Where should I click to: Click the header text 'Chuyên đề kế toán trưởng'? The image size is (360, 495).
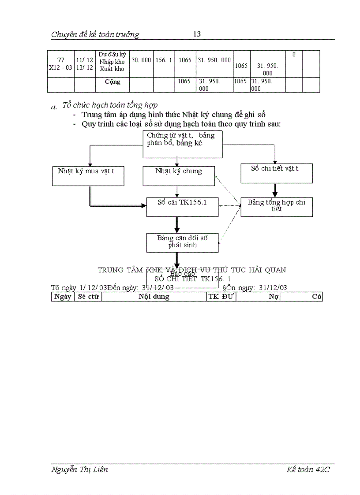click(x=95, y=34)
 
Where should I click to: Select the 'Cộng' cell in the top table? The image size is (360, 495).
click(x=112, y=82)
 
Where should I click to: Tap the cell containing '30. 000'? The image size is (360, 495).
click(x=141, y=60)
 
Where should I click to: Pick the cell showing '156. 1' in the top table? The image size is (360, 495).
click(x=164, y=60)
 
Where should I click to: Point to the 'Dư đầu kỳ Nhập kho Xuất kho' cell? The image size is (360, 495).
click(x=112, y=62)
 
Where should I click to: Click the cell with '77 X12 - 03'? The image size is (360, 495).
click(x=60, y=64)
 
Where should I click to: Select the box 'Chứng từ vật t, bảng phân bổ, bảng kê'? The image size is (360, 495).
click(x=182, y=144)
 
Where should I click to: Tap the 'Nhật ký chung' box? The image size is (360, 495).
click(x=179, y=175)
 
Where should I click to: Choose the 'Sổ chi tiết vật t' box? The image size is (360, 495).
click(x=277, y=173)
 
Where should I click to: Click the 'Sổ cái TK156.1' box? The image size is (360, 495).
click(x=182, y=207)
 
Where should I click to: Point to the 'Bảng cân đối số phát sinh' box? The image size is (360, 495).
click(x=182, y=242)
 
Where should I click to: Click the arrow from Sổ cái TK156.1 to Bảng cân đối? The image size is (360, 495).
click(x=177, y=225)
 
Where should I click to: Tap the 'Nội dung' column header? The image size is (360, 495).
click(x=154, y=297)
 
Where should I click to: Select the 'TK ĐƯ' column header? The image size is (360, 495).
click(x=221, y=297)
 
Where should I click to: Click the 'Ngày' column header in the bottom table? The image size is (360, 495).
click(x=63, y=297)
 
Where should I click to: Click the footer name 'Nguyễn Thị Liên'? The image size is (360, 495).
click(x=79, y=469)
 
